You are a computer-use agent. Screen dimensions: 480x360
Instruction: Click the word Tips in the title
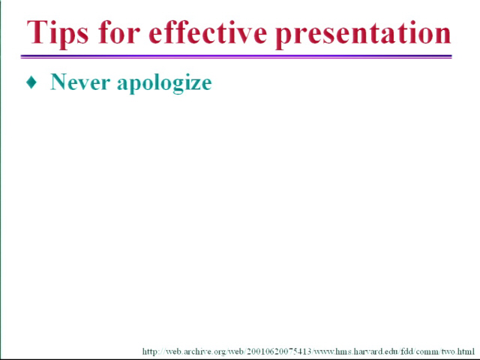point(58,33)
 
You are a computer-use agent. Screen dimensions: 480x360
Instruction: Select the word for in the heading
point(119,31)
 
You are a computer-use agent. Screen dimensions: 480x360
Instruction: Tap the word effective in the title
point(207,31)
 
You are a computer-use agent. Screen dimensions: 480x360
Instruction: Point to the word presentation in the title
point(363,34)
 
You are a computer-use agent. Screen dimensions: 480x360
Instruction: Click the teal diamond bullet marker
point(31,82)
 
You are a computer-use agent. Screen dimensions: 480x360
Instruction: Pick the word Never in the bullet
point(80,82)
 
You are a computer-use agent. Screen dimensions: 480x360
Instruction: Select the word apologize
point(164,83)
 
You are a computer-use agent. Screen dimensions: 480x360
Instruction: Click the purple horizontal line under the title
point(236,56)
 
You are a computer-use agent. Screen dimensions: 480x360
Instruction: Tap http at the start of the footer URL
point(151,352)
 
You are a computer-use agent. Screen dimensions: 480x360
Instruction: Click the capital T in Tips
point(37,31)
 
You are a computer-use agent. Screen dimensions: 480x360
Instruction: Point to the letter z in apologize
point(193,83)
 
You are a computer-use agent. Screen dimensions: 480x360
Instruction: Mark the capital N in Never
point(59,82)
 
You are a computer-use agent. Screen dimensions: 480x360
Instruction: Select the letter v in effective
point(243,35)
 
